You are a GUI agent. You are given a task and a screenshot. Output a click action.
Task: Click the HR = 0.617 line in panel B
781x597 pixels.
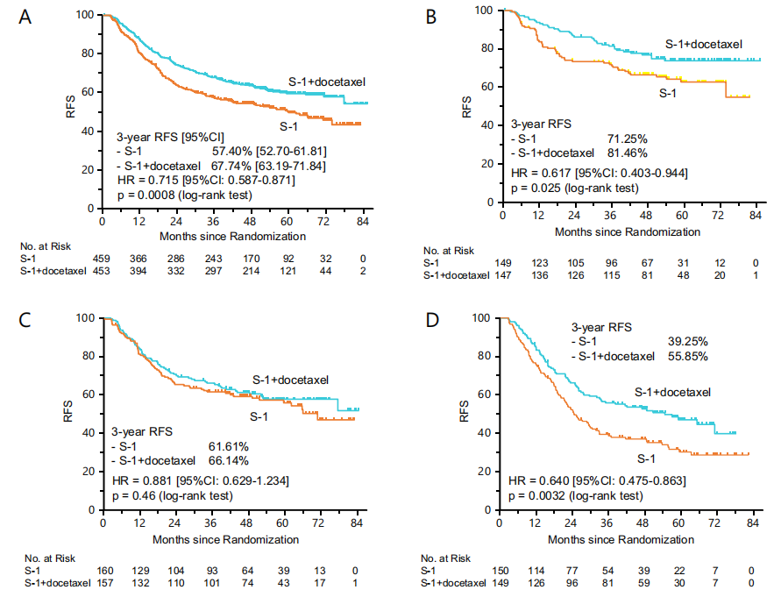point(599,172)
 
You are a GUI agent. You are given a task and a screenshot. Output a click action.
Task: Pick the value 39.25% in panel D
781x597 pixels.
point(673,342)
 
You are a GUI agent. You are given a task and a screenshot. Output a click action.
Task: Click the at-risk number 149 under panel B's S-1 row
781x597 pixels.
point(502,262)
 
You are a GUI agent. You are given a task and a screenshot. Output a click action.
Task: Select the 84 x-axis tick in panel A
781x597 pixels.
point(358,224)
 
